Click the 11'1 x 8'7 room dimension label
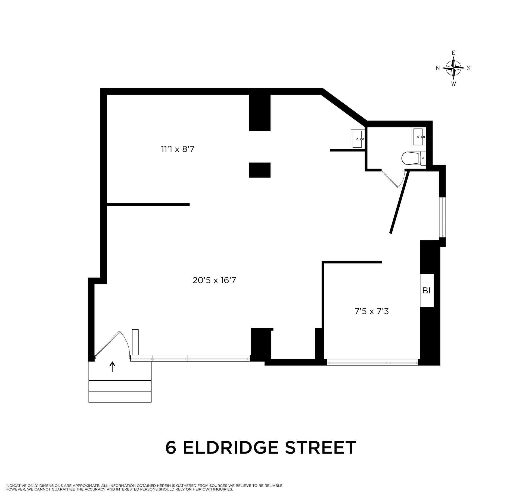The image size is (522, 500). (178, 149)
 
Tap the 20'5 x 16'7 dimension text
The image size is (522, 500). (214, 280)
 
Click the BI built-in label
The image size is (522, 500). (426, 291)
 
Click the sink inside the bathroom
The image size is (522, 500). (418, 137)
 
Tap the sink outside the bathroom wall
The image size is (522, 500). (357, 139)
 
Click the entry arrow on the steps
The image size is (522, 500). (112, 367)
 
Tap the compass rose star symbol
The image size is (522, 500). (453, 68)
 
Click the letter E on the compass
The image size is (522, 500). (453, 53)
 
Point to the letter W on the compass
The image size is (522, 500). (453, 84)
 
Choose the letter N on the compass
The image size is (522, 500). (438, 68)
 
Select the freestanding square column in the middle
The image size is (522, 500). (260, 170)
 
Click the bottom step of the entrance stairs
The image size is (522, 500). (120, 397)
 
